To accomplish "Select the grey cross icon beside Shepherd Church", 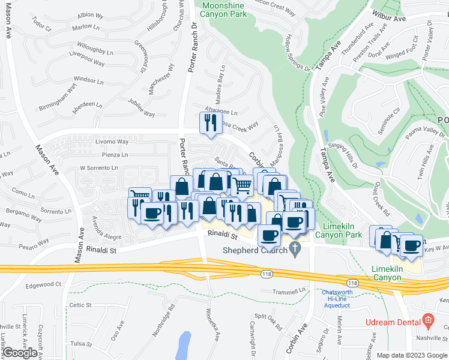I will point(294,248).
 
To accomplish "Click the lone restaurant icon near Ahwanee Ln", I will point(208,122).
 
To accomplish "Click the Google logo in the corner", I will point(20,353).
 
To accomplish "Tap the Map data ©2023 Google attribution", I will point(412,355).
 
